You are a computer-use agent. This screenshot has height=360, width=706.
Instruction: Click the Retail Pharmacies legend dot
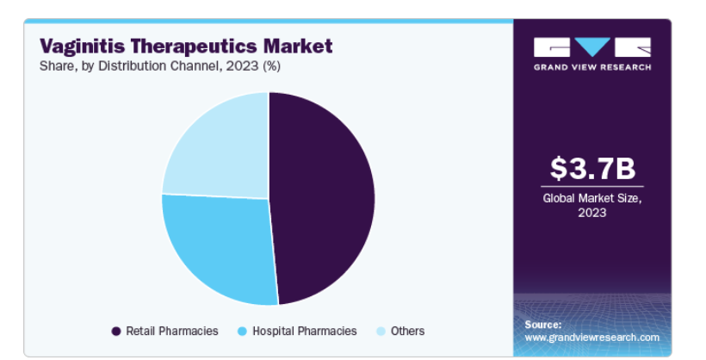tap(116, 332)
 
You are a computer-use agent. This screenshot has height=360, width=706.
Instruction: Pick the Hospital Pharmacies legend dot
tap(242, 332)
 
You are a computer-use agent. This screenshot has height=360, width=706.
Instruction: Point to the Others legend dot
tap(381, 332)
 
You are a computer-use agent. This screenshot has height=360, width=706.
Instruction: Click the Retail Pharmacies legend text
tap(172, 332)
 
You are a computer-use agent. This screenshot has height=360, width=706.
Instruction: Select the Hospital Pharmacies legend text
tap(305, 332)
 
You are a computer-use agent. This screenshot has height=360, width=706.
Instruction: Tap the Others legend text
tap(407, 332)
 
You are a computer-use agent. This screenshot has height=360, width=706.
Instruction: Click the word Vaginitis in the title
tap(83, 47)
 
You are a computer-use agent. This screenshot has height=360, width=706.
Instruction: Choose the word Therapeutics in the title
tap(194, 47)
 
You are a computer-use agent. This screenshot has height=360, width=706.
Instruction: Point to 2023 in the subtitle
tap(242, 66)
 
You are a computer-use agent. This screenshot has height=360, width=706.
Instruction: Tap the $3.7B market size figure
tap(592, 168)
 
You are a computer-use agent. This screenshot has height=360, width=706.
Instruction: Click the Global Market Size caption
tap(592, 205)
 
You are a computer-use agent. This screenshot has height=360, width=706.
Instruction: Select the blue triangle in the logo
tap(592, 47)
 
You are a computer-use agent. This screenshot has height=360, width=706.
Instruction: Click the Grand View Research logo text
tap(592, 67)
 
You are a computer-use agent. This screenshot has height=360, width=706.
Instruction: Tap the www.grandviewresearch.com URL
tap(591, 338)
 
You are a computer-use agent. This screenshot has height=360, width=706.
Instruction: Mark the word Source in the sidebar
tap(543, 325)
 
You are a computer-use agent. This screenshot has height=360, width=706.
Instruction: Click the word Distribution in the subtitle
tap(133, 66)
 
